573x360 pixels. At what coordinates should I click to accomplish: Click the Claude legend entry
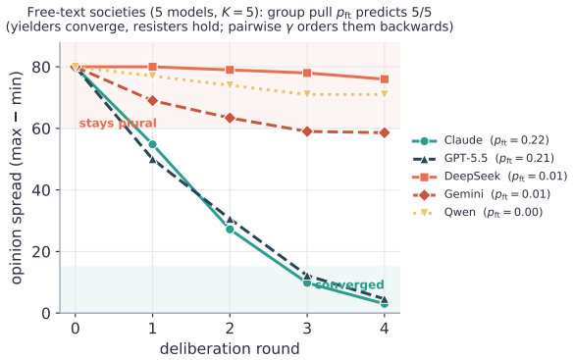[481, 140]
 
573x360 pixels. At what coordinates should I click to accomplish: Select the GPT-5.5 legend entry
[484, 159]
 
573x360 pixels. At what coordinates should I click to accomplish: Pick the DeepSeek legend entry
[490, 177]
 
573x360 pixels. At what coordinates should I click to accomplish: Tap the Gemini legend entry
[482, 194]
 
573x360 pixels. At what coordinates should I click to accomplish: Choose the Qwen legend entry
[478, 212]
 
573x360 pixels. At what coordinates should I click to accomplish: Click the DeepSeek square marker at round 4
[384, 79]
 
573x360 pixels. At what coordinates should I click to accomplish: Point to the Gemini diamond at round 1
[152, 101]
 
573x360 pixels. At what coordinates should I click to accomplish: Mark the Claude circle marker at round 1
[152, 144]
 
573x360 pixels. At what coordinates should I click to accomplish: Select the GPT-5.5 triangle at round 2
[230, 220]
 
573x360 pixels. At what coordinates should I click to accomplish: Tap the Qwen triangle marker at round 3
[307, 94]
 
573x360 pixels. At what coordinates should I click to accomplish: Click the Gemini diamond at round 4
[384, 132]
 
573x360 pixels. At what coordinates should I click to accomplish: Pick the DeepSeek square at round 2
[230, 70]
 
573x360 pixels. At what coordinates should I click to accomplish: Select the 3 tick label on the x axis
[307, 329]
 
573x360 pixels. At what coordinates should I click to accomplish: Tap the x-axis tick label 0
[75, 329]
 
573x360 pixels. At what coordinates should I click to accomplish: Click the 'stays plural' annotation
[118, 124]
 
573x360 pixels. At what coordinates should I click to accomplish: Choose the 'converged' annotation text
[349, 284]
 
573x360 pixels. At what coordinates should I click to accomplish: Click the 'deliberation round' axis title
[230, 348]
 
